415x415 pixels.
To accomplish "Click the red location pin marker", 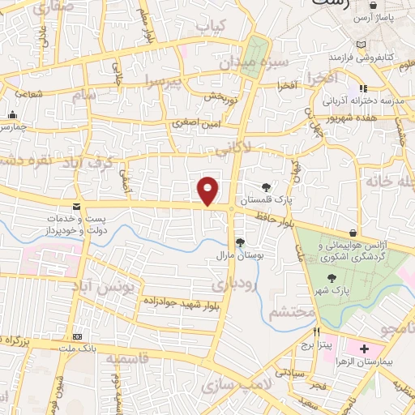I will [208, 190].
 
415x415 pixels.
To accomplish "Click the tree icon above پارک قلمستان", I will [267, 187].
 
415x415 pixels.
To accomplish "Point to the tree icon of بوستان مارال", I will [239, 242].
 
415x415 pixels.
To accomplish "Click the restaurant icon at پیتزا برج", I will [318, 332].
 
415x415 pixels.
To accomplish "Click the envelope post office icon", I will [76, 207].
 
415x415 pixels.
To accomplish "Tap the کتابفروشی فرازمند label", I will [361, 58].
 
